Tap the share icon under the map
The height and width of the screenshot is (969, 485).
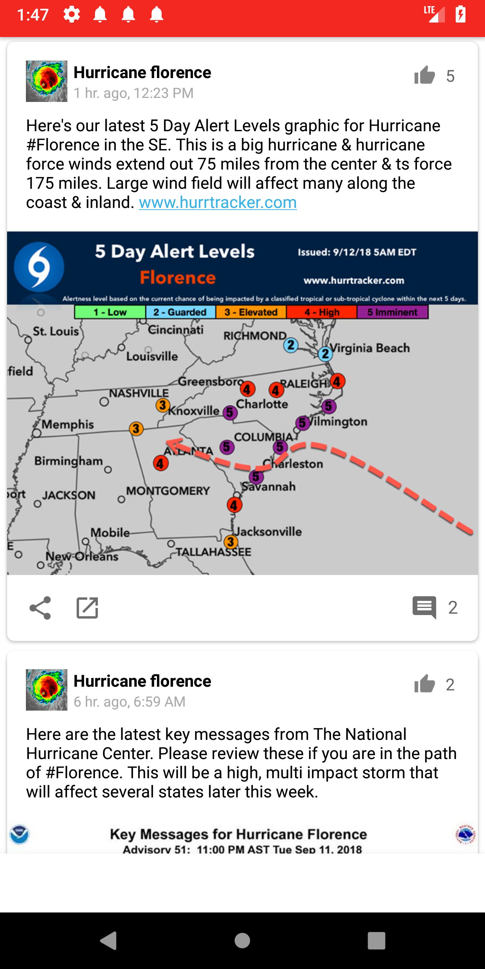coord(40,608)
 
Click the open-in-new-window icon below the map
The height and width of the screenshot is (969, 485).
coord(87,608)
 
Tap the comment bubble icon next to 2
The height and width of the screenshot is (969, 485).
coord(424,607)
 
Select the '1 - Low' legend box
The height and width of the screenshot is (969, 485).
coord(110,312)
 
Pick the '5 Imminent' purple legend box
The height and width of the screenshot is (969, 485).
coord(392,312)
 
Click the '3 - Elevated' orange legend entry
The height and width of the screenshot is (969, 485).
coord(251,312)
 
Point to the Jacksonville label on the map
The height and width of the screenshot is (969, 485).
coord(268,532)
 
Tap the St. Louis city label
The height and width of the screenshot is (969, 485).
coord(56,331)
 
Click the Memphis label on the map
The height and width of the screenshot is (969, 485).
coord(68,424)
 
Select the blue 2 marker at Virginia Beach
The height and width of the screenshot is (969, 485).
coord(325,354)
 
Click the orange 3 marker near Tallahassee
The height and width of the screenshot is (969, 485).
coord(230,542)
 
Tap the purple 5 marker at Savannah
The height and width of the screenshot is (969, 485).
coord(256,477)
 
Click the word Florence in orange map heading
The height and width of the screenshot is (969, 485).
coord(178,278)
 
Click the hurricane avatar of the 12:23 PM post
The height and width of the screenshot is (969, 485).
coord(47,81)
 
